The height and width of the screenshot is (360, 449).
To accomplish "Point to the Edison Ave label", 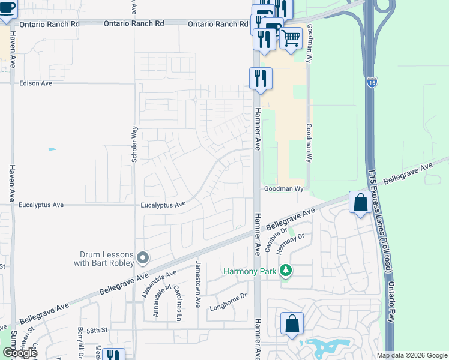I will pos(36,83).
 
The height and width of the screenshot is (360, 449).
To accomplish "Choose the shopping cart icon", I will pos(291,38).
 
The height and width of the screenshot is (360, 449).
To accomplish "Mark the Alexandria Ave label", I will pos(151,284).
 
